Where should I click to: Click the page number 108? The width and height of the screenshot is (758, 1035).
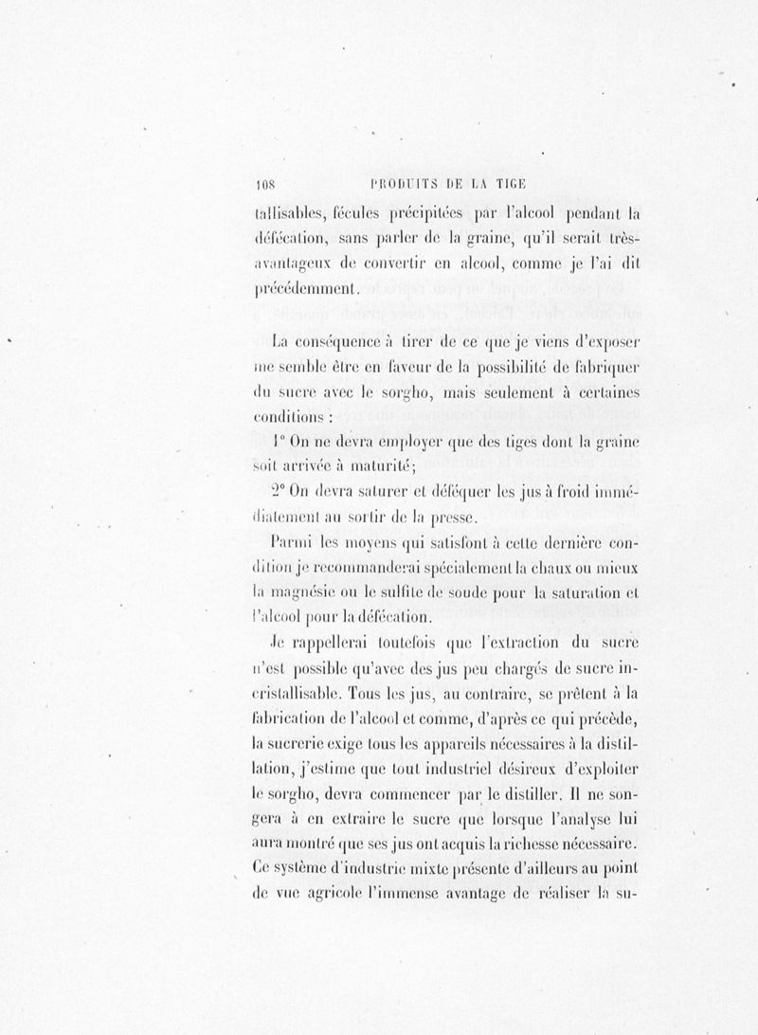(258, 184)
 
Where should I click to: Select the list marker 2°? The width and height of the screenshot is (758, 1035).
(279, 491)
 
